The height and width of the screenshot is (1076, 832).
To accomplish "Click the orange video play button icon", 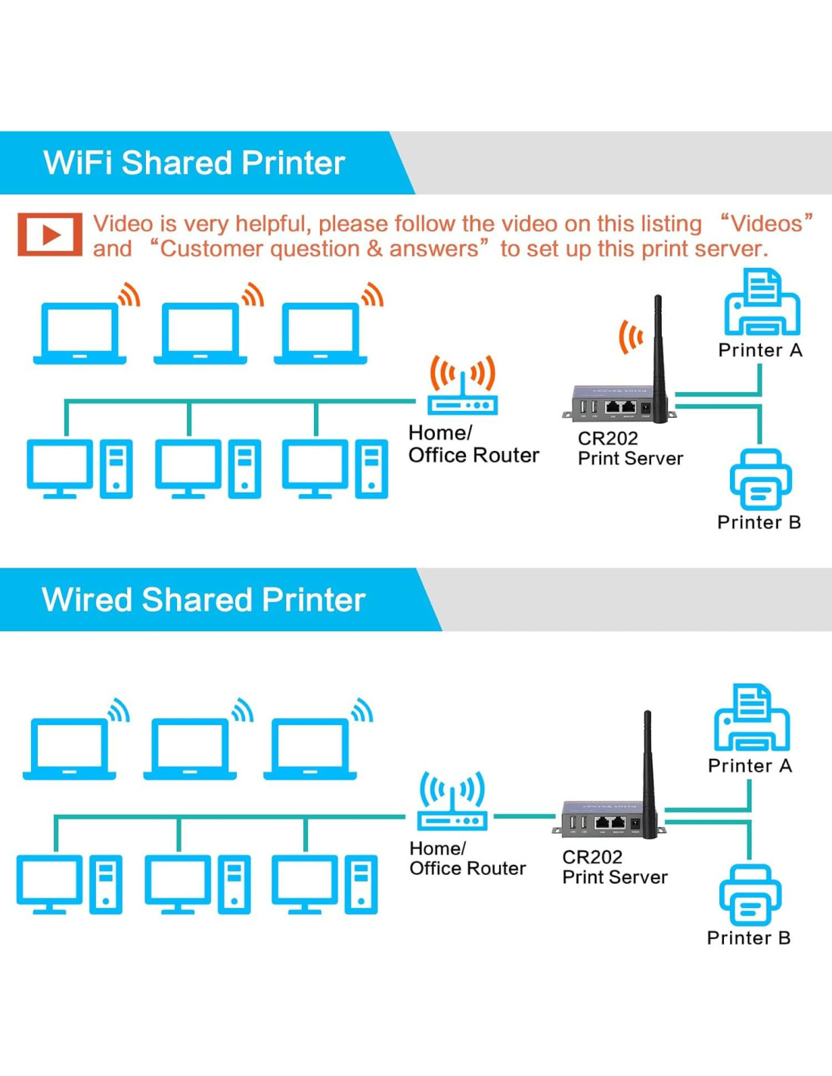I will tap(50, 235).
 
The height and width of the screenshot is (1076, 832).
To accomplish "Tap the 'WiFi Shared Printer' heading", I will tap(194, 163).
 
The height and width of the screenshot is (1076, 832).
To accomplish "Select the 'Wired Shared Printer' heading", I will tap(203, 599).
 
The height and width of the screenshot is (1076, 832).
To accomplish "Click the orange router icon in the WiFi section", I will tap(462, 387).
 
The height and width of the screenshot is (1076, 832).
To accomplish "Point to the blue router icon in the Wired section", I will tap(452, 802).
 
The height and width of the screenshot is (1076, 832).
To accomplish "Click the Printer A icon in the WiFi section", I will tap(762, 304).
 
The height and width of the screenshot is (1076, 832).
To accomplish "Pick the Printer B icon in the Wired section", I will tap(750, 894).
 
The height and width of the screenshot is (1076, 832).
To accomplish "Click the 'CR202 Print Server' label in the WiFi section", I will tap(629, 448).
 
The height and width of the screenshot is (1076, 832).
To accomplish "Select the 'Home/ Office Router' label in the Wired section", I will tap(467, 858).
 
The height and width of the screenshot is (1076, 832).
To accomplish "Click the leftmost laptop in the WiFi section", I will tap(80, 334).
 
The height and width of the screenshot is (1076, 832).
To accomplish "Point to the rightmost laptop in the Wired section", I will tap(310, 749).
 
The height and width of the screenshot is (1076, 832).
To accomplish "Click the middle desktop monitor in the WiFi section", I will tap(188, 468).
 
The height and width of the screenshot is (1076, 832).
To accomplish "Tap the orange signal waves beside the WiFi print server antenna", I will tap(630, 337).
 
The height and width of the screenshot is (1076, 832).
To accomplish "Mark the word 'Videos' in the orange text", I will tap(766, 223).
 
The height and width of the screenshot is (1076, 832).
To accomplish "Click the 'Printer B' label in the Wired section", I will tap(748, 938).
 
